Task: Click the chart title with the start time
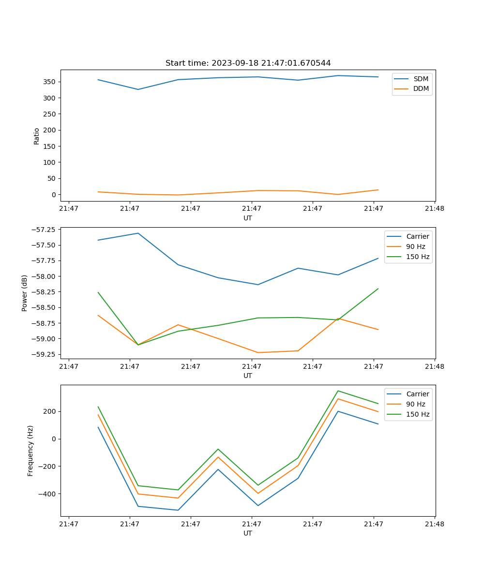point(248,63)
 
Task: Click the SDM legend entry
point(421,79)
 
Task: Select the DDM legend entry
point(421,88)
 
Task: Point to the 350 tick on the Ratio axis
point(50,82)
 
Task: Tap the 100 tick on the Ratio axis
point(50,162)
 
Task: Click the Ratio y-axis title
point(37,136)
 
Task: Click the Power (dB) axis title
point(25,293)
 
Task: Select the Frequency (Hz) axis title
point(30,450)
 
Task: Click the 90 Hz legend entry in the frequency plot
point(415,404)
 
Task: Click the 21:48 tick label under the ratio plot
point(434,209)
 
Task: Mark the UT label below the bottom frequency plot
point(248,533)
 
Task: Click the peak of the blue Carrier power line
point(138,233)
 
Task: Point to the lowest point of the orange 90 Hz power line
point(257,352)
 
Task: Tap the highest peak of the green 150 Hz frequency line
point(338,391)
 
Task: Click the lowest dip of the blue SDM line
point(138,89)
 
